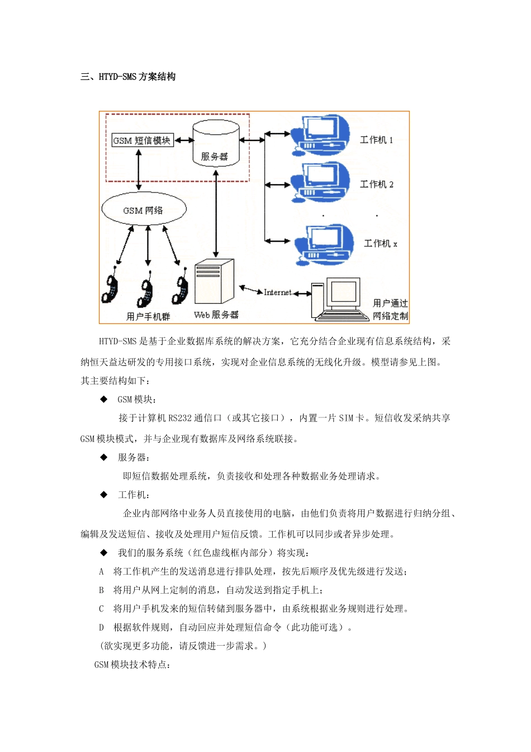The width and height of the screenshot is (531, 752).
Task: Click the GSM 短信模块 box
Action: [x=143, y=140]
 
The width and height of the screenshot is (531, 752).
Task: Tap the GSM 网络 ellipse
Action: [x=144, y=210]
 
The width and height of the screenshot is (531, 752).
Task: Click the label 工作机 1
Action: [x=376, y=140]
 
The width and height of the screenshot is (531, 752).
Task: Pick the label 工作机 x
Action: [x=380, y=243]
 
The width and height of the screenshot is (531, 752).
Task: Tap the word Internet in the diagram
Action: [x=277, y=293]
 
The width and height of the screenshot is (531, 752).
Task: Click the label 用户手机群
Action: [x=148, y=317]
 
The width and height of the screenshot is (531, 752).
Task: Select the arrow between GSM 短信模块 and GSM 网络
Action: [x=139, y=169]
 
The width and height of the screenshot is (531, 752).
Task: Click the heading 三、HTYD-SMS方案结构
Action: [x=128, y=77]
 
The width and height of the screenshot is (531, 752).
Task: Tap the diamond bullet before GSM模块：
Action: [x=103, y=399]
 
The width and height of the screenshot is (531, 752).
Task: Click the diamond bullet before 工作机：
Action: [x=103, y=495]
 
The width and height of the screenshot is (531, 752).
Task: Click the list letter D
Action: [x=101, y=627]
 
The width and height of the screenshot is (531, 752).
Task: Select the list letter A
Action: [x=101, y=571]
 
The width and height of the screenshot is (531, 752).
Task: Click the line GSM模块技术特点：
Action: [x=132, y=665]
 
